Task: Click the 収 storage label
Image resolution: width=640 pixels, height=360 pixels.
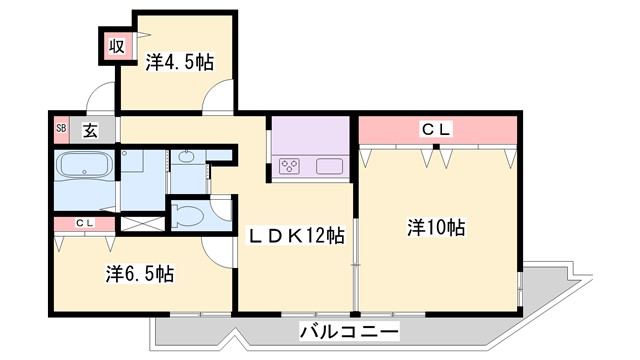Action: (x=117, y=45)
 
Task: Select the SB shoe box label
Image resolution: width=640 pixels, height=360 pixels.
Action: (x=60, y=128)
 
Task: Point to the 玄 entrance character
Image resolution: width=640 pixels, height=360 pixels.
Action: (x=90, y=128)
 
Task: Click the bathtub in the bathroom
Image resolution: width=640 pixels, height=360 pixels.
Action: (x=84, y=166)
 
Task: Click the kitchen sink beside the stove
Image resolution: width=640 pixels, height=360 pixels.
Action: (x=330, y=166)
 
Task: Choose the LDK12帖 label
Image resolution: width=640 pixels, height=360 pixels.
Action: (x=296, y=236)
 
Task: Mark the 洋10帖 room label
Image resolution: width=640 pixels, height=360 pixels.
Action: (x=436, y=228)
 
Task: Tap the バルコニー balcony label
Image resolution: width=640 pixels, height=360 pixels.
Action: (x=349, y=331)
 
